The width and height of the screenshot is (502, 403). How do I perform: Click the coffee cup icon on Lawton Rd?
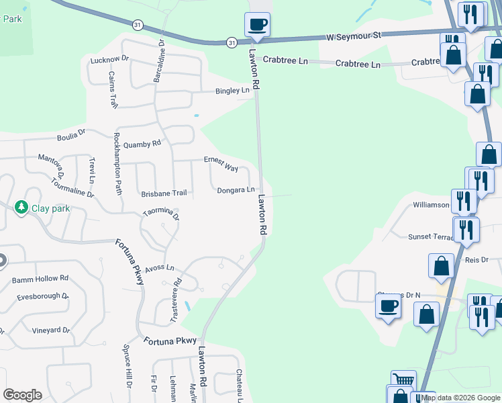[258, 26]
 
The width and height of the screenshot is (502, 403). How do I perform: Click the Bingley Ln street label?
[232, 91]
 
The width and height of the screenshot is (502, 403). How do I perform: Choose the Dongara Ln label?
[236, 190]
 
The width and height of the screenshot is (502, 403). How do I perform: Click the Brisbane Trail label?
[164, 193]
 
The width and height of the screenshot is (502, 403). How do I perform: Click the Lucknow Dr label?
[109, 60]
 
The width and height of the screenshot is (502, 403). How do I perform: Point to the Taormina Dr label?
[161, 214]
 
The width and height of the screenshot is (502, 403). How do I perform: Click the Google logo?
[22, 395]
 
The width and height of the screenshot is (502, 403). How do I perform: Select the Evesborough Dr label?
[42, 296]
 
